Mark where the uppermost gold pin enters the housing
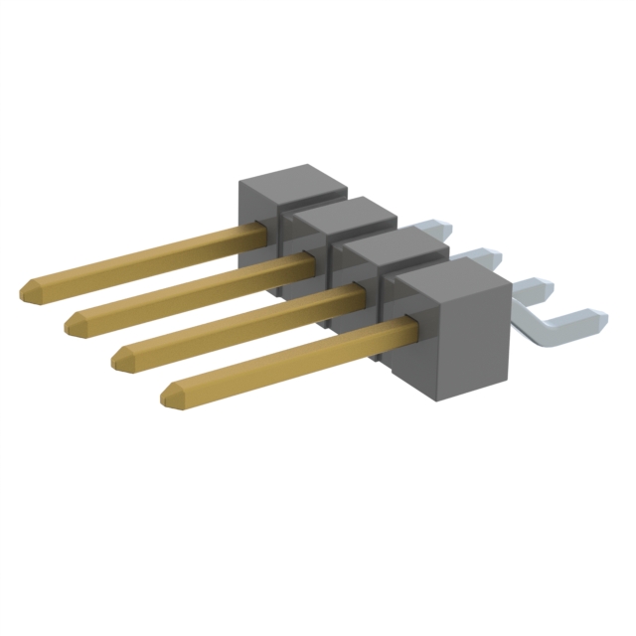click(260, 231)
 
